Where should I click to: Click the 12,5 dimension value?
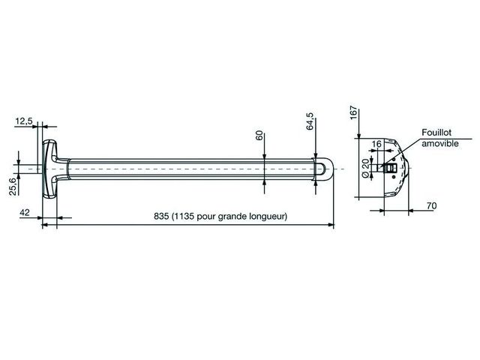(x=24, y=121)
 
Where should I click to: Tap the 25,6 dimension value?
(x=13, y=187)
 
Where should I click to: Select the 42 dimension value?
(x=25, y=212)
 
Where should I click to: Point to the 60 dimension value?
(x=259, y=135)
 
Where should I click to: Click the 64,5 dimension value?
(x=310, y=121)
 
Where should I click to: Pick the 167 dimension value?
(x=353, y=112)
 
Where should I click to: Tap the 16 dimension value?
(x=376, y=144)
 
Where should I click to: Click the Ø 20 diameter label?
(x=365, y=168)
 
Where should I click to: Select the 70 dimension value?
(x=431, y=206)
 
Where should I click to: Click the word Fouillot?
(x=436, y=133)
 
